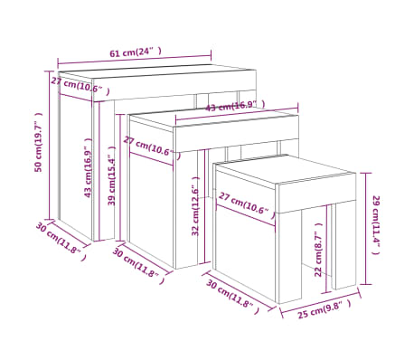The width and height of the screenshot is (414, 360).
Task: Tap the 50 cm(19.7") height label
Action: pos(39,142)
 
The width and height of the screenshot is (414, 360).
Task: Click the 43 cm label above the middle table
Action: pos(231,106)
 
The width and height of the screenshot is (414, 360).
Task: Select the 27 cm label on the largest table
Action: pos(80,86)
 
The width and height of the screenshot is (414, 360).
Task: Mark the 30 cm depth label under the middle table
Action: pos(136,263)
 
